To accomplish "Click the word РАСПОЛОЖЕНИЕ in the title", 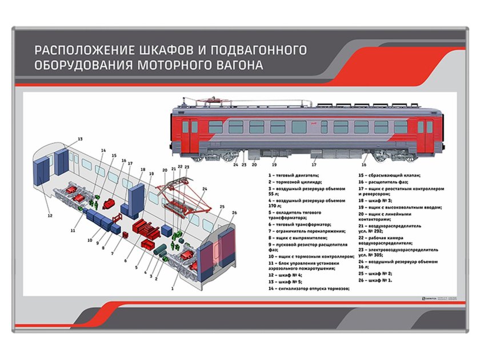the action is pyautogui.click(x=86, y=50).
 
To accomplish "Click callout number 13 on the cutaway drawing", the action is pyautogui.click(x=80, y=139).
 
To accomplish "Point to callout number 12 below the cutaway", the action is pyautogui.click(x=50, y=215).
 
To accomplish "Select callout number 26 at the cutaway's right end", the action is pyautogui.click(x=234, y=213).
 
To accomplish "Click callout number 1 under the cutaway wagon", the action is pyautogui.click(x=172, y=289).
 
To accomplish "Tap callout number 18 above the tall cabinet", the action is pyautogui.click(x=142, y=170).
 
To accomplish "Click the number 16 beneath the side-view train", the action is pyautogui.click(x=363, y=165).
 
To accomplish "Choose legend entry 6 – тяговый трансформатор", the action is pyautogui.click(x=300, y=224).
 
